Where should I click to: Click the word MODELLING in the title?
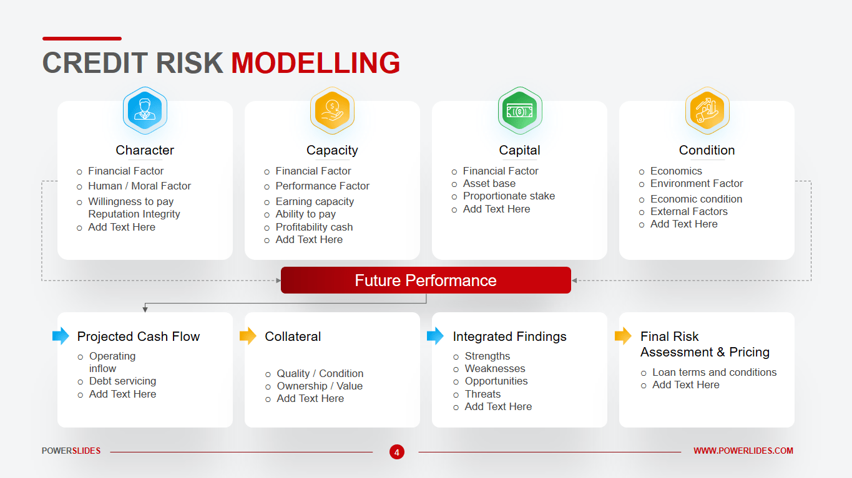tap(316, 63)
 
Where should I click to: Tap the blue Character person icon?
tap(145, 110)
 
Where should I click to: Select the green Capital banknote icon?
tap(520, 110)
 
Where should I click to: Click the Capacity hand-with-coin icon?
tap(333, 110)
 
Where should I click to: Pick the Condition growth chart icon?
tap(707, 110)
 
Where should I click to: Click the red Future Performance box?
tap(426, 280)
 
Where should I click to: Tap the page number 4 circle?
tap(397, 452)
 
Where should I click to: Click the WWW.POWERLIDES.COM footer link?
tap(743, 451)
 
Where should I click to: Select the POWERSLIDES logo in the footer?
tap(71, 451)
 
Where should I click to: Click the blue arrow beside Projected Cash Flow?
tap(61, 336)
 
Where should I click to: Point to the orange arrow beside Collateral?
tap(248, 336)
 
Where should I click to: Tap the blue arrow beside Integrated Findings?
tap(435, 336)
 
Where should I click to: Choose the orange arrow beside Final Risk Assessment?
tap(623, 336)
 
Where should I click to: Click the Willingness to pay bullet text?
tap(131, 201)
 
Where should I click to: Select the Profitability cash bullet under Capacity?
tap(314, 227)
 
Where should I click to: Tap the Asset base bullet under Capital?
tap(489, 183)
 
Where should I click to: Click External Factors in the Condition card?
tap(689, 211)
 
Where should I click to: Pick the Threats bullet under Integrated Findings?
tap(482, 394)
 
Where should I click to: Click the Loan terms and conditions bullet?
tap(714, 372)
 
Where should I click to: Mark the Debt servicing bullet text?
tap(122, 381)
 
